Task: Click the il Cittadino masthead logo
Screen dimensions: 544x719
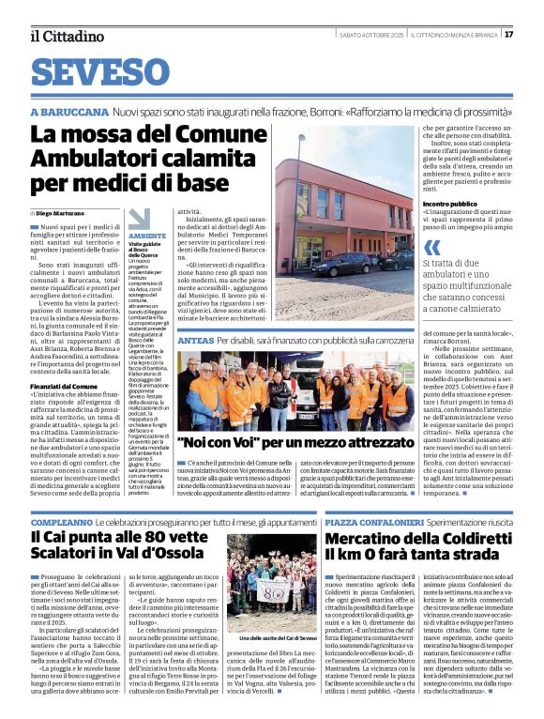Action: tap(67, 36)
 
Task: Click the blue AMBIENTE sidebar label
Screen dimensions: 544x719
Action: tap(147, 237)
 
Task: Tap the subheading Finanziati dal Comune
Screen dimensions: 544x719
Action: tap(62, 359)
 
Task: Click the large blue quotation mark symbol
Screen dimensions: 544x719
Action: tap(432, 248)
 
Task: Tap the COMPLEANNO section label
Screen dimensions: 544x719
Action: tap(62, 521)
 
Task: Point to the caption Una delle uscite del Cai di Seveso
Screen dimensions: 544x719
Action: tap(272, 637)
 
